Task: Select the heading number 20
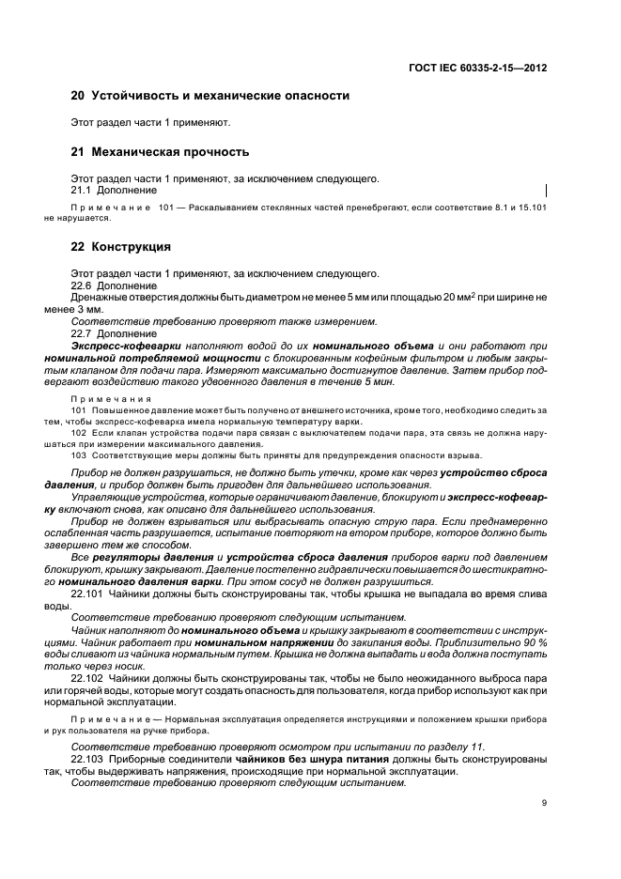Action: click(x=79, y=96)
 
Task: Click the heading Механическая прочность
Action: click(x=169, y=151)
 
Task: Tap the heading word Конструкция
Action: click(x=131, y=247)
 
